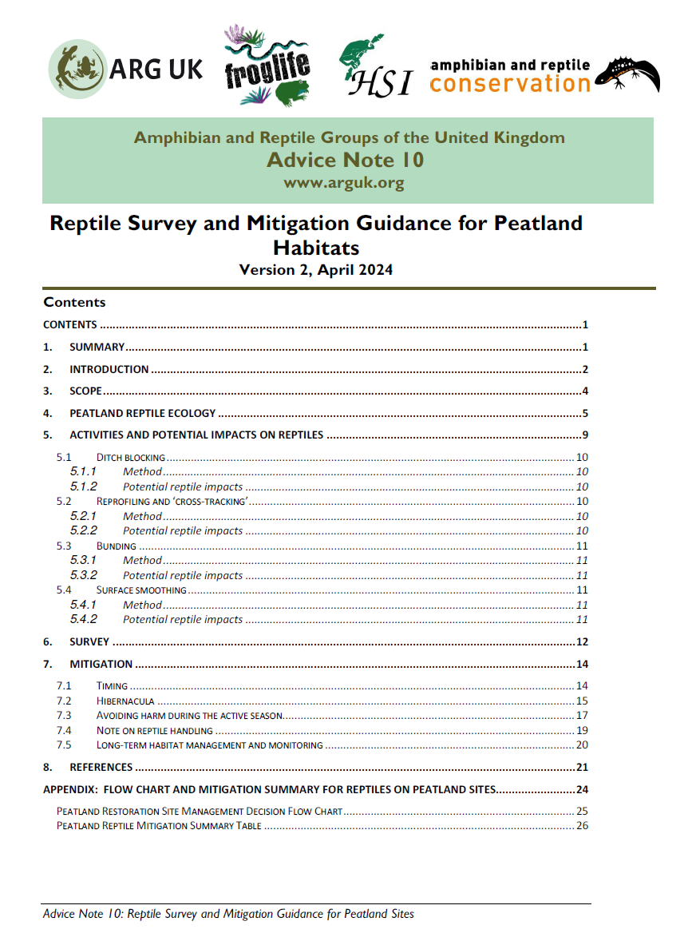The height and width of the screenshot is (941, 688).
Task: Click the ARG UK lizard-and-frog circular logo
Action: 77,69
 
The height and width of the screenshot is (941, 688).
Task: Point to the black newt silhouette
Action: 627,74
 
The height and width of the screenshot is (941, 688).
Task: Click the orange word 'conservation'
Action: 509,83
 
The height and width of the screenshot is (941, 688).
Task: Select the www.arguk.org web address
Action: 344,183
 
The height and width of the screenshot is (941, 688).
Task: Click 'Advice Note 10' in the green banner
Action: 345,161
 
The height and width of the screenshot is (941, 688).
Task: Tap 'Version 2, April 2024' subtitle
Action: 316,270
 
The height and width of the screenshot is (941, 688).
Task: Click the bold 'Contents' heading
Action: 74,302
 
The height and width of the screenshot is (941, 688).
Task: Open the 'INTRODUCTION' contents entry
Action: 109,369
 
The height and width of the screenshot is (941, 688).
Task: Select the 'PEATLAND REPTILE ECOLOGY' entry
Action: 142,413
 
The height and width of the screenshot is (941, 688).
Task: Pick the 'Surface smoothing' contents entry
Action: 141,590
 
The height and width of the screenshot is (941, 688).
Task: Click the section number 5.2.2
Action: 83,530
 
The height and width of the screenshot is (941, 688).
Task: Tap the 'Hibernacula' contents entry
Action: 126,701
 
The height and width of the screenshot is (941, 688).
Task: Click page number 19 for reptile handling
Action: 582,730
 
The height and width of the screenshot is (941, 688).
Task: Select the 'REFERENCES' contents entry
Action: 101,767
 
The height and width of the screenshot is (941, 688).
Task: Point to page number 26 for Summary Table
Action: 582,825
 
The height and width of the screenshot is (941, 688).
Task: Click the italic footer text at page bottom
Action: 228,914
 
